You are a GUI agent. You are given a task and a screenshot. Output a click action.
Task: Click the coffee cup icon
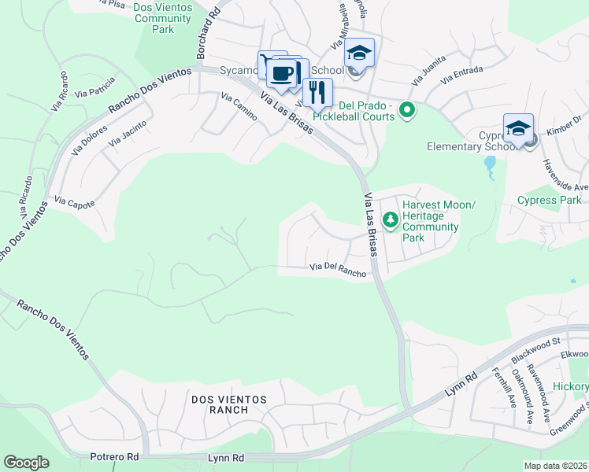pyautogui.click(x=282, y=73)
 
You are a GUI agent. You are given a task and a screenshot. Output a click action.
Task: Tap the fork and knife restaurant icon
pyautogui.click(x=317, y=92)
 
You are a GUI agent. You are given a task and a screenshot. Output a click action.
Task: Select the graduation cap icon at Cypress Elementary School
pyautogui.click(x=518, y=128)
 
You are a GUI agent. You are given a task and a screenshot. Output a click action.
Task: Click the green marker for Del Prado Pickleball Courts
pyautogui.click(x=407, y=111)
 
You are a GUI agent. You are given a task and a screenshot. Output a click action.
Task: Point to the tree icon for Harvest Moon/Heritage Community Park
pyautogui.click(x=389, y=218)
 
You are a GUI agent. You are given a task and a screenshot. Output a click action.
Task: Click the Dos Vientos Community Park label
pyautogui.click(x=164, y=17)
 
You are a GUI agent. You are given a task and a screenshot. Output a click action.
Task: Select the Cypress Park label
pyautogui.click(x=549, y=200)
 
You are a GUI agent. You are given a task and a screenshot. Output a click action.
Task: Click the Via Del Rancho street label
pyautogui.click(x=337, y=271)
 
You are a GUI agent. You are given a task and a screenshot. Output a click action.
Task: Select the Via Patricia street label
pyautogui.click(x=95, y=87)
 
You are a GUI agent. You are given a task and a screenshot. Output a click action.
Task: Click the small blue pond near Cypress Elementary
pyautogui.click(x=491, y=164)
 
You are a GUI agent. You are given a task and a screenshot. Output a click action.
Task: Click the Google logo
pyautogui.click(x=26, y=462)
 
